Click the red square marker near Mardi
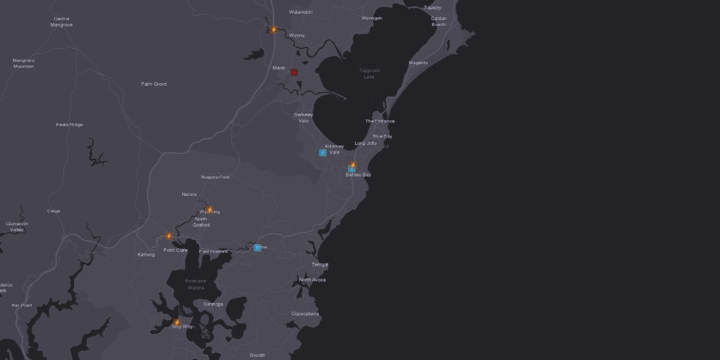click(294, 72)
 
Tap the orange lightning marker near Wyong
click(274, 30)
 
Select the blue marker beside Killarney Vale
click(323, 153)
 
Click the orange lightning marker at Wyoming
click(210, 210)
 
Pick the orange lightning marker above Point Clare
click(169, 235)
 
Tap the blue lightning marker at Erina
click(257, 248)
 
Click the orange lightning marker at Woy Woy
click(177, 323)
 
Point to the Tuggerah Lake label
click(369, 73)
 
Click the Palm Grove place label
click(153, 84)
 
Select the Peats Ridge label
click(69, 125)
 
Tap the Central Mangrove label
click(61, 22)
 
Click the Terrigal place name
click(320, 264)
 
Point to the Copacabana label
click(305, 314)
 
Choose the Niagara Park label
click(215, 177)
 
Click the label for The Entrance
click(379, 121)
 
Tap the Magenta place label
click(418, 63)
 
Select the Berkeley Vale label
click(303, 117)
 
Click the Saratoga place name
click(213, 304)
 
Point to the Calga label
click(53, 211)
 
